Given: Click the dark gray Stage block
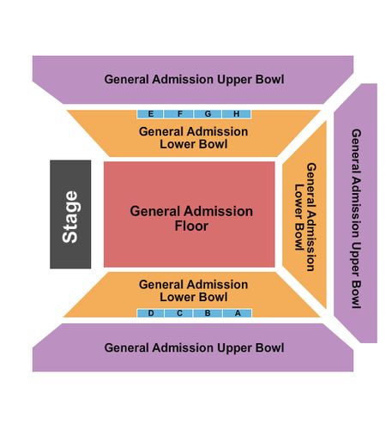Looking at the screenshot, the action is pyautogui.click(x=70, y=214).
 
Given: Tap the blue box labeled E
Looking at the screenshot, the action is pyautogui.click(x=150, y=114).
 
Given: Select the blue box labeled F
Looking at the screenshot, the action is pyautogui.click(x=178, y=114).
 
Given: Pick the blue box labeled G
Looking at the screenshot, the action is pyautogui.click(x=208, y=114).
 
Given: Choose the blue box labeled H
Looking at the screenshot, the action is pyautogui.click(x=237, y=114).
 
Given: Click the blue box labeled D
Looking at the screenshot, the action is pyautogui.click(x=151, y=313).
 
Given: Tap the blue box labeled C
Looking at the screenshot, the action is pyautogui.click(x=179, y=313).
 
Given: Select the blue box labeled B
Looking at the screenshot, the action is pyautogui.click(x=208, y=313).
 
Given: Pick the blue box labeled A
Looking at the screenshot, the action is pyautogui.click(x=238, y=313).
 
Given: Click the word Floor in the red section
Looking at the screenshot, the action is pyautogui.click(x=191, y=226).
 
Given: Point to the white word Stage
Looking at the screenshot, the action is pyautogui.click(x=70, y=217).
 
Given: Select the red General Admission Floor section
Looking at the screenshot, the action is pyautogui.click(x=190, y=214).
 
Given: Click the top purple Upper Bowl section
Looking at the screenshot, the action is pyautogui.click(x=193, y=80).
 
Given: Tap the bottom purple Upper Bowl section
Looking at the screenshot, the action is pyautogui.click(x=193, y=347).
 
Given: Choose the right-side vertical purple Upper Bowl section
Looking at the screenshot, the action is pyautogui.click(x=356, y=213).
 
